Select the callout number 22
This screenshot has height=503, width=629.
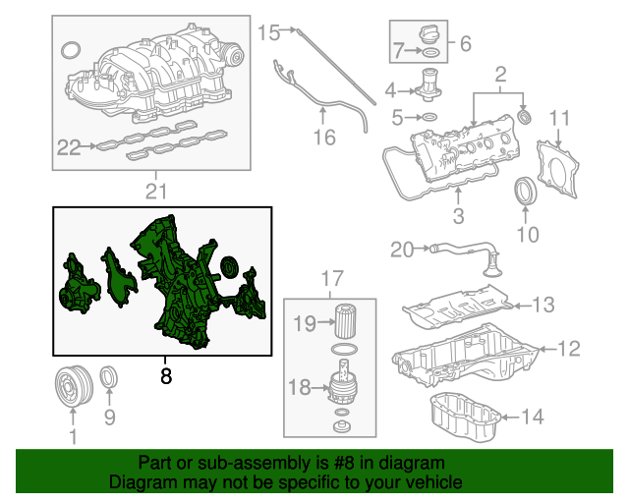(69, 148)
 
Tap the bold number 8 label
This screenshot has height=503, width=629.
(165, 374)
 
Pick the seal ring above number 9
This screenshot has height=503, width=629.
(110, 376)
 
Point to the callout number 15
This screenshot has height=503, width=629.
(268, 33)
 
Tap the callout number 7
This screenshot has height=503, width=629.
(398, 49)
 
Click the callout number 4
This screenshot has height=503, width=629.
(391, 91)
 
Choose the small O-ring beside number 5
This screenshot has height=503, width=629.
(429, 117)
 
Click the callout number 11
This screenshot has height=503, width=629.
(558, 119)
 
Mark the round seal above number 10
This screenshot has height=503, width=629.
(528, 190)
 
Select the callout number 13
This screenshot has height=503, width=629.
(543, 304)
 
